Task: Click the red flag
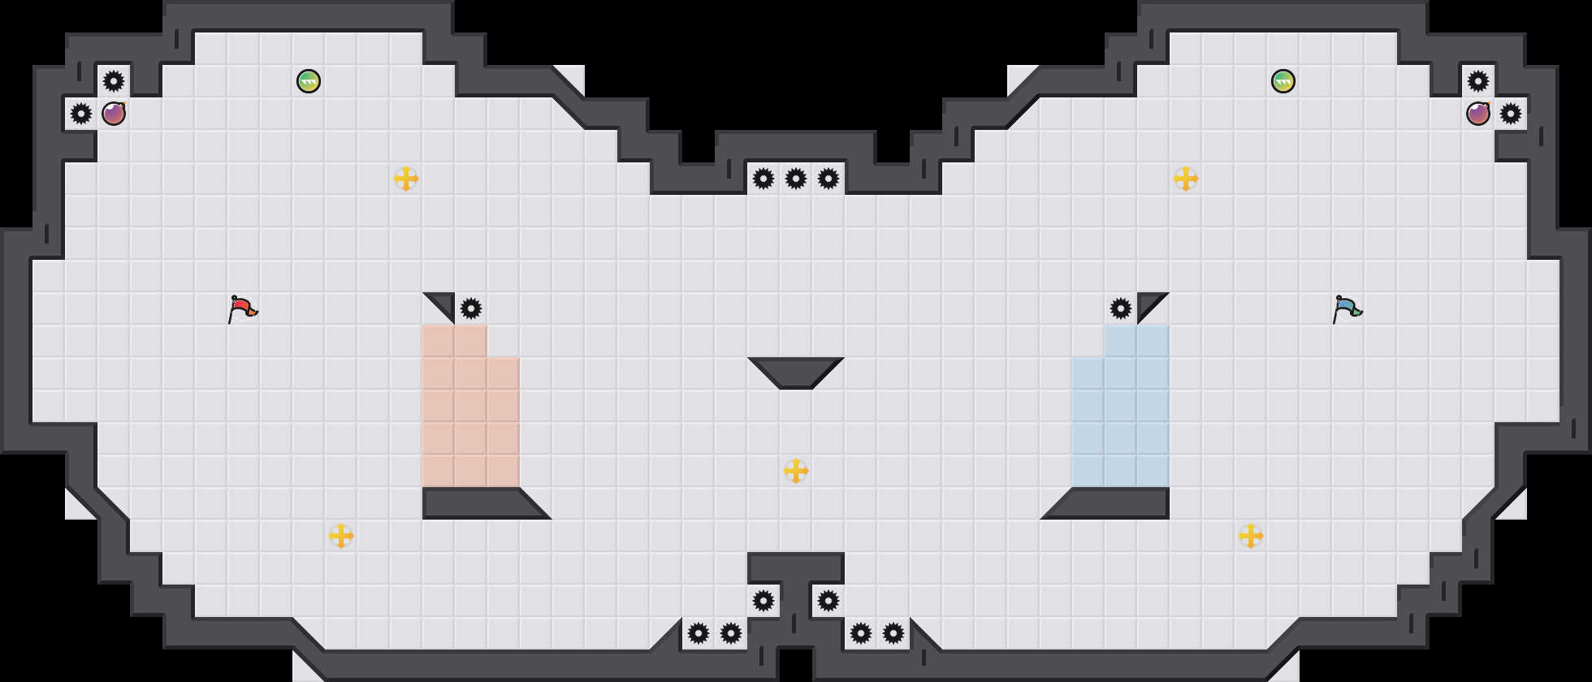242,309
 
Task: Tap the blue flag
1347,309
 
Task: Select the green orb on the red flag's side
309,81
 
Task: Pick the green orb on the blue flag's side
1283,81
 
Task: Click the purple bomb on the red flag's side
114,114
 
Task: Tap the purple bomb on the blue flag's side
1478,114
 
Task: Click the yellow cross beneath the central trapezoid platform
796,471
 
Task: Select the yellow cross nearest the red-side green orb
406,179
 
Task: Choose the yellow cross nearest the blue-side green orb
1186,179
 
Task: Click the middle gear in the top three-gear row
796,179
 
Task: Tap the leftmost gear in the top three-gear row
764,179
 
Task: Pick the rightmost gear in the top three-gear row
828,179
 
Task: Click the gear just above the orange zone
471,309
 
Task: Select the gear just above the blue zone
1121,309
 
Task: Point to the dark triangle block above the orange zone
443,304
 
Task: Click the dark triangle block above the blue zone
1149,304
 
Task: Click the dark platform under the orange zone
479,503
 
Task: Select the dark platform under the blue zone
1113,503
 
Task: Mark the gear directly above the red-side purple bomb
114,81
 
